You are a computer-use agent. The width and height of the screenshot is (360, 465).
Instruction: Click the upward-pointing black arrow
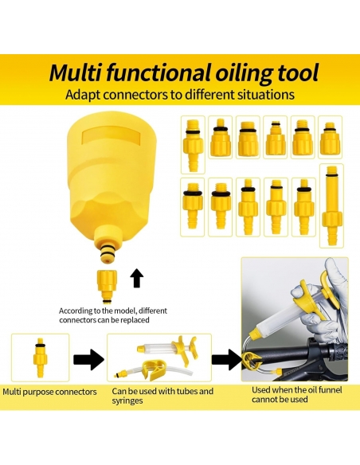(136, 278)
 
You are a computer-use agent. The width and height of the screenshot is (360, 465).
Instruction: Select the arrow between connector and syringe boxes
(88, 359)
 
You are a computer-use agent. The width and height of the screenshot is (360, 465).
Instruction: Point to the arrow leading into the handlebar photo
(226, 359)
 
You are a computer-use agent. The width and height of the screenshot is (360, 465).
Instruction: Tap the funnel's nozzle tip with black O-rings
(108, 252)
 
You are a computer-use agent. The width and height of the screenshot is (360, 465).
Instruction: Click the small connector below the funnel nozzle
(107, 287)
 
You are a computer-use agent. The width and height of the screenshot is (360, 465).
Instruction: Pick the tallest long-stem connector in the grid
(331, 206)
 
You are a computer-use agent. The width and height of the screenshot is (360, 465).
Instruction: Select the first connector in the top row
(193, 145)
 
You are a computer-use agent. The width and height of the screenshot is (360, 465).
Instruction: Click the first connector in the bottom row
(193, 206)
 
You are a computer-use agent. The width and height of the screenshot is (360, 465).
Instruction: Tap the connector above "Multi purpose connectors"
(41, 358)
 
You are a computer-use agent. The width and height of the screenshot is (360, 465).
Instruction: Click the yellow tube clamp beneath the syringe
(154, 369)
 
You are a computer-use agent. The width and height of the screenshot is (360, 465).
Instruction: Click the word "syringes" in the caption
(127, 401)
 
